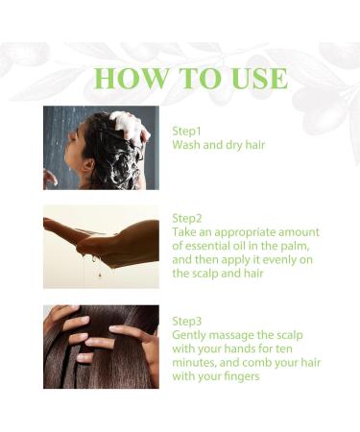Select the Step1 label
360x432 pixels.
click(x=188, y=131)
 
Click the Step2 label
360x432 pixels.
click(x=189, y=218)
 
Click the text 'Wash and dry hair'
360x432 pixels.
click(x=219, y=145)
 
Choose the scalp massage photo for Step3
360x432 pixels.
click(x=101, y=347)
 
